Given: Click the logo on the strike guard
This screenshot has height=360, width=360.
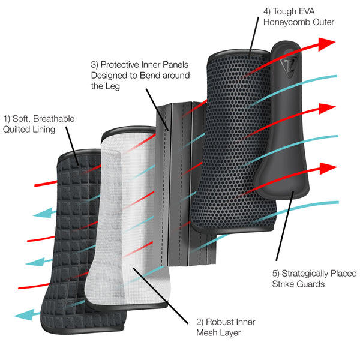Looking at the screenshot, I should coord(290,64).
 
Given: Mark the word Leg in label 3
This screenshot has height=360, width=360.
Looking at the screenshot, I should coord(115,86).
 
